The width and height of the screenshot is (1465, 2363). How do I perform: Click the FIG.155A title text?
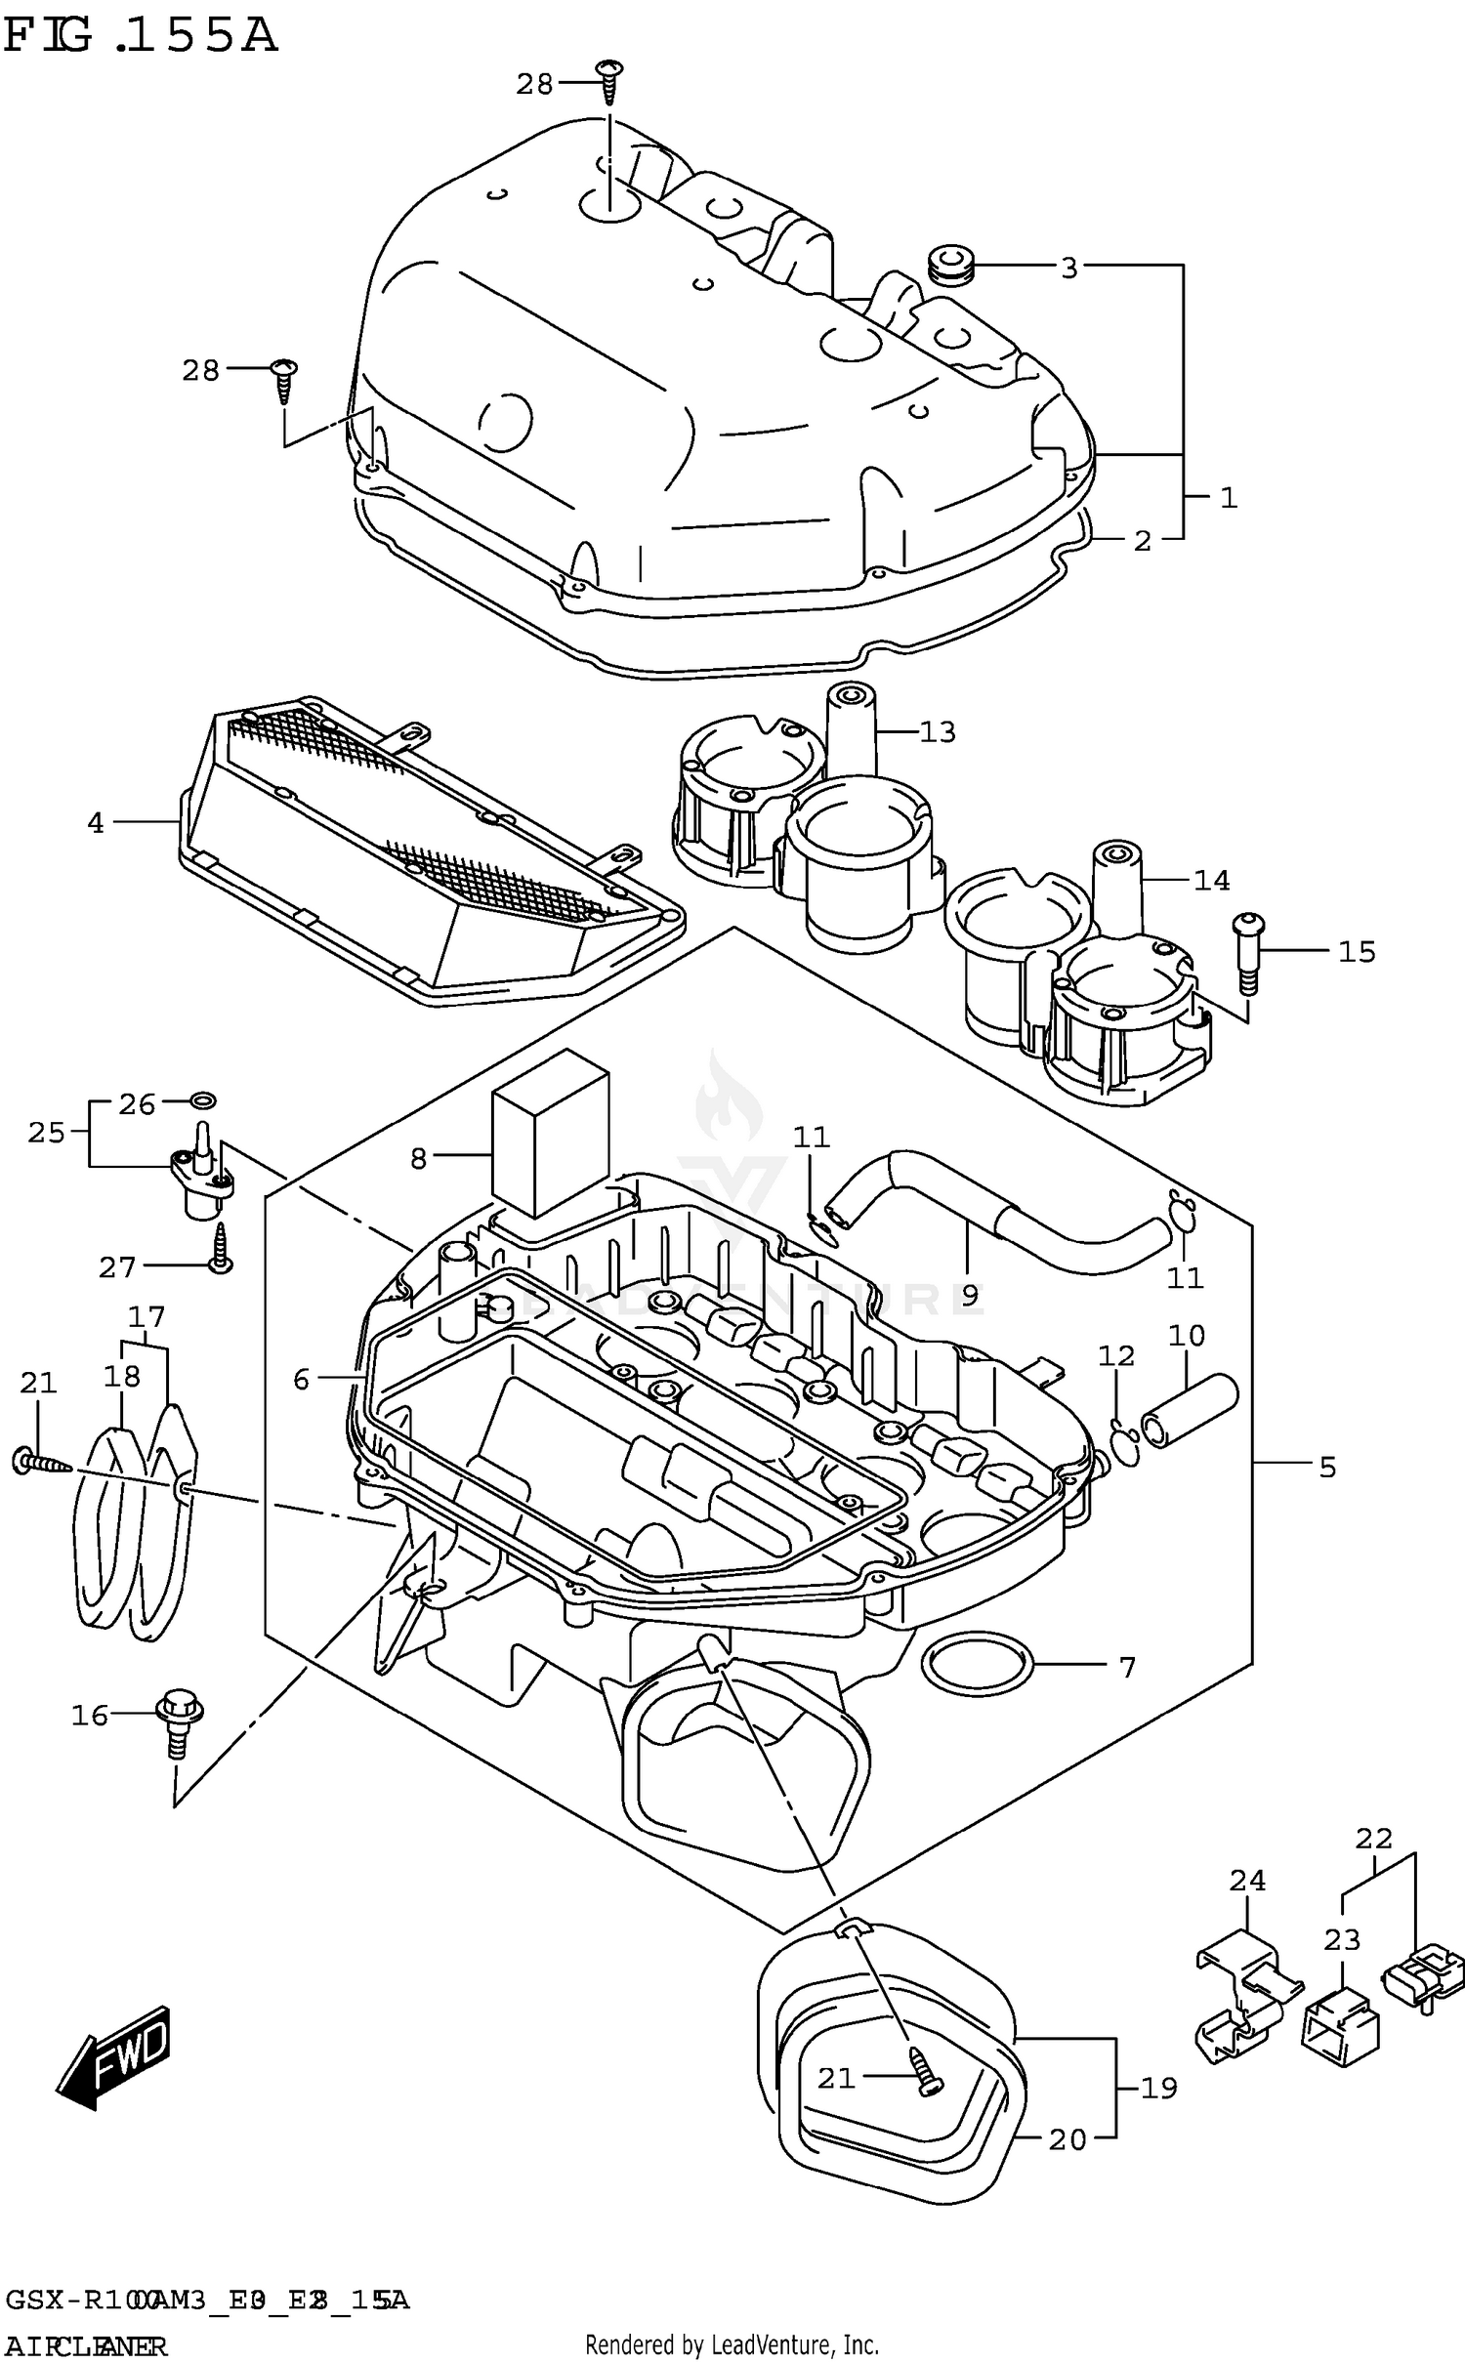[140, 36]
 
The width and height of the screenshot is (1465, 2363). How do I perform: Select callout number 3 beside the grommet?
[1068, 268]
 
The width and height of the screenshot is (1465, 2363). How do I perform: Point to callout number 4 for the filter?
[95, 823]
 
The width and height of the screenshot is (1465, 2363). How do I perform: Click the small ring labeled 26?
[202, 1101]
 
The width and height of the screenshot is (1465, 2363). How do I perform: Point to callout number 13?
[938, 732]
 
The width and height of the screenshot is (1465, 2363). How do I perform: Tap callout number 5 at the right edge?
[1327, 1467]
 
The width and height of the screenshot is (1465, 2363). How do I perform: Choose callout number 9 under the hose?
[969, 1295]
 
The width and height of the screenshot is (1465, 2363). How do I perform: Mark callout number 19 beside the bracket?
[1159, 2089]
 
